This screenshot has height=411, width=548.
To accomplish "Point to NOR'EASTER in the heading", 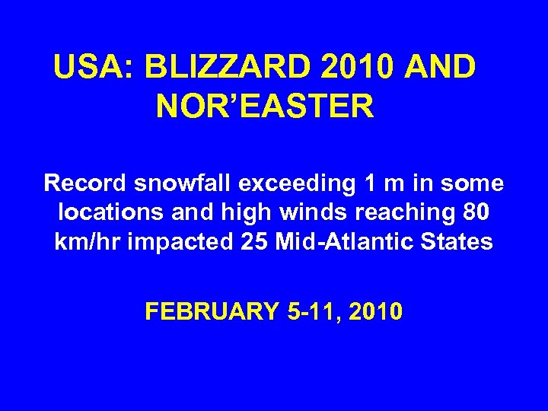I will pyautogui.click(x=265, y=107).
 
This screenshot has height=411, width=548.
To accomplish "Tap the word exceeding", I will pyautogui.click(x=278, y=184).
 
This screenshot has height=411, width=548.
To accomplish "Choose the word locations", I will pyautogui.click(x=105, y=213).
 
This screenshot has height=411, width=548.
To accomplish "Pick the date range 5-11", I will pyautogui.click(x=306, y=311).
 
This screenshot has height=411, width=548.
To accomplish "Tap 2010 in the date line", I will pyautogui.click(x=374, y=311).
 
